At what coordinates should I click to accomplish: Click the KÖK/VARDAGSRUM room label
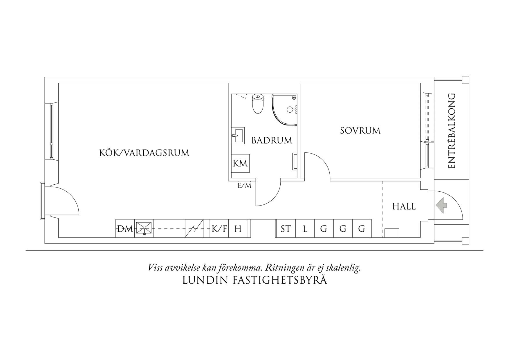coord(144,153)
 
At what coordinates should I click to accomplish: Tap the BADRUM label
coord(272,141)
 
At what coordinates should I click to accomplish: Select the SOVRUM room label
coord(360,131)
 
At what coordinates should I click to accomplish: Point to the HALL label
coord(404,206)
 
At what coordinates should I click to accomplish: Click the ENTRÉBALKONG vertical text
coord(452,131)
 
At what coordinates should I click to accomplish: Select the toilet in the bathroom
coord(258,104)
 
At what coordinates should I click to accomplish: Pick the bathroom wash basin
coord(238,135)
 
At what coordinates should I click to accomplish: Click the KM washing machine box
coord(240,163)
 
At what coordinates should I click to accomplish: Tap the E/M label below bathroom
coord(244,186)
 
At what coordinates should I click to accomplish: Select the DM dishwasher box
coord(125,229)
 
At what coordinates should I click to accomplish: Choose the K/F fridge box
coord(219,229)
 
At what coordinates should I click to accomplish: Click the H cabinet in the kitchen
coord(238,229)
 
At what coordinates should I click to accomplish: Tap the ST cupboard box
coord(286,229)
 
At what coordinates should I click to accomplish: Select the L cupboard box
coord(305,229)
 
